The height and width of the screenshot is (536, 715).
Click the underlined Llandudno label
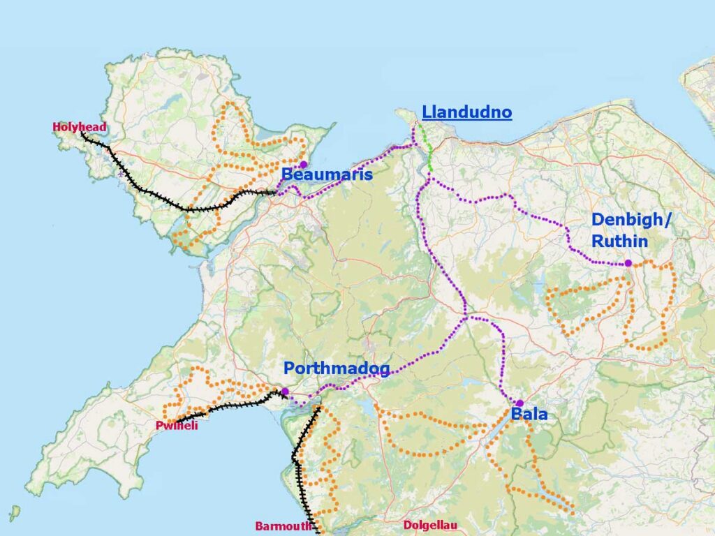pyautogui.click(x=466, y=112)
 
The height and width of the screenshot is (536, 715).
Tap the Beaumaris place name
pyautogui.click(x=327, y=174)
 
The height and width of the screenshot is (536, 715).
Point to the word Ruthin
pyautogui.click(x=619, y=241)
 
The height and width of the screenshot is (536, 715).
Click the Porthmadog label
pyautogui.click(x=336, y=368)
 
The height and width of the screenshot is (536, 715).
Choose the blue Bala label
pyautogui.click(x=529, y=415)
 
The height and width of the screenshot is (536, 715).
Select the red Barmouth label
pyautogui.click(x=283, y=526)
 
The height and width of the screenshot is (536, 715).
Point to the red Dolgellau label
pyautogui.click(x=430, y=526)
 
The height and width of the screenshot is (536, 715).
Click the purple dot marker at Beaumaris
pyautogui.click(x=303, y=165)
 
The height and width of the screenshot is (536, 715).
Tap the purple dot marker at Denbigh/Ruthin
pyautogui.click(x=628, y=263)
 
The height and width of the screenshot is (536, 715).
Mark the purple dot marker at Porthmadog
pyautogui.click(x=285, y=392)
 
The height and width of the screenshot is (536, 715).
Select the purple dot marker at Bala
pyautogui.click(x=519, y=403)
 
